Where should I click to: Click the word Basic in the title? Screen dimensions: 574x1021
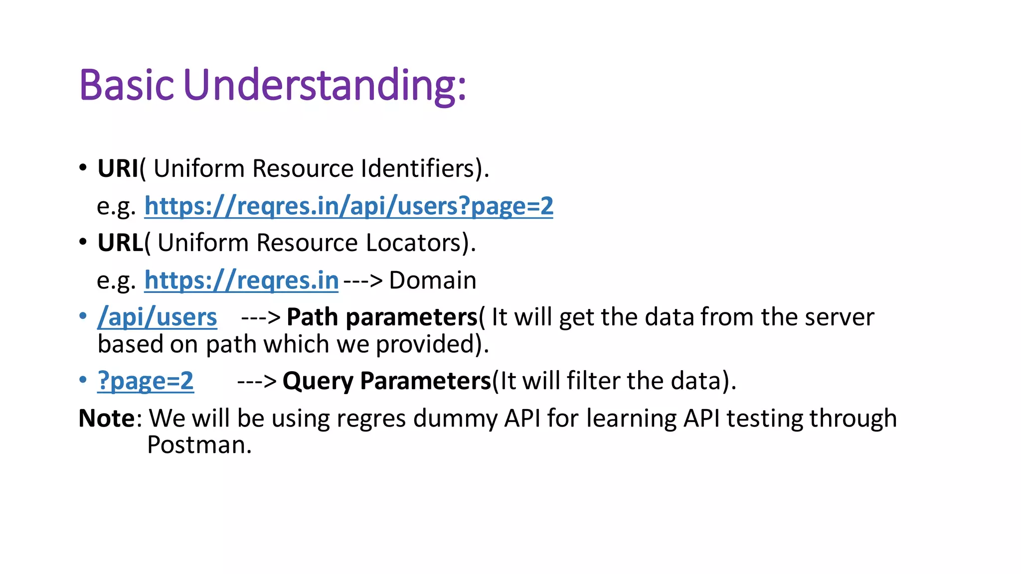126,85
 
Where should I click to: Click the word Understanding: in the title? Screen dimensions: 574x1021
325,85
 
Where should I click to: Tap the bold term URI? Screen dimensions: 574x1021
118,168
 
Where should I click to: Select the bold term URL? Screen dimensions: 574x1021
120,243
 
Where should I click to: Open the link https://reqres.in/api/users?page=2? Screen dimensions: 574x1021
348,206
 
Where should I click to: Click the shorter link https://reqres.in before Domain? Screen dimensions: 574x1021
241,280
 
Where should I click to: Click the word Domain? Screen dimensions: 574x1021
432,280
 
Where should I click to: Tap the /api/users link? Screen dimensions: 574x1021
157,317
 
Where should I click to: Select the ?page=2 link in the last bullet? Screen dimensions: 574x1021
145,381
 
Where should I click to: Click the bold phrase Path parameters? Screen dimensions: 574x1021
382,317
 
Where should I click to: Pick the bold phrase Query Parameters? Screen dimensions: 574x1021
387,381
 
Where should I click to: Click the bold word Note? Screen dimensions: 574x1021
106,418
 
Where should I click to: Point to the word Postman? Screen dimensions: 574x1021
198,444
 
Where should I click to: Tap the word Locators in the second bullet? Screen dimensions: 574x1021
413,243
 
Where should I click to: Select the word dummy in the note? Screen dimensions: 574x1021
455,418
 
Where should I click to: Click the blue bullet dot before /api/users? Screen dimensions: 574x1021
83,316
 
